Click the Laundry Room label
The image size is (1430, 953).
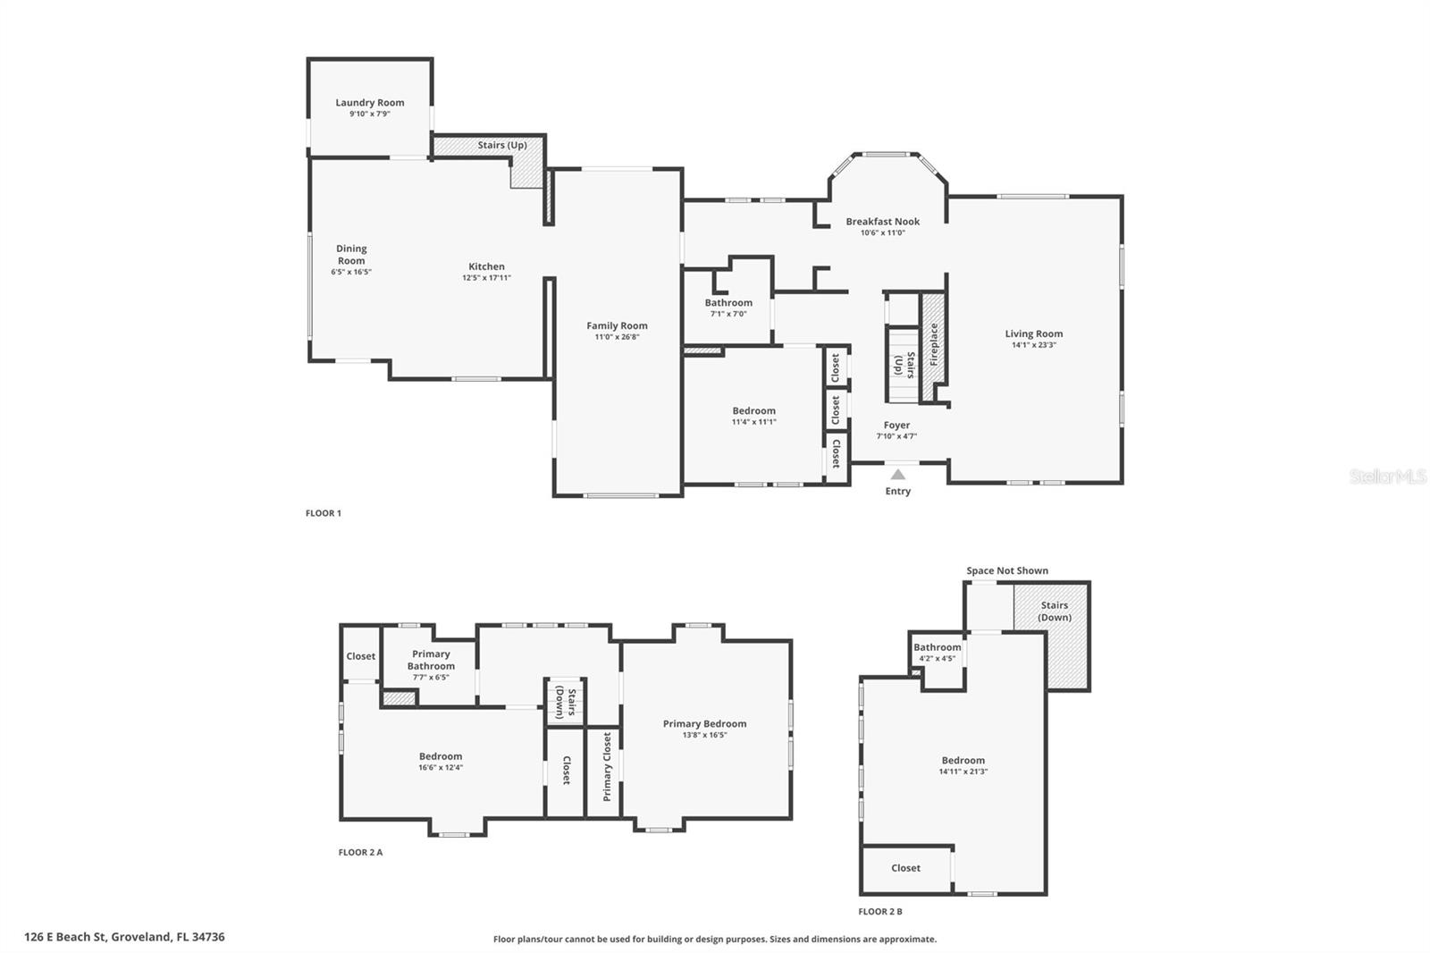369,103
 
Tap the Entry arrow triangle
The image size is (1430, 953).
897,475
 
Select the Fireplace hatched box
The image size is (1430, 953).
933,344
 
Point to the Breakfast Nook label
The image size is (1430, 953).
882,222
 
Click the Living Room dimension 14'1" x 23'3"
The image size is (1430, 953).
1033,345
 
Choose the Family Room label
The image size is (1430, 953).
617,326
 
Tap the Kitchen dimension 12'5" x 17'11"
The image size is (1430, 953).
486,278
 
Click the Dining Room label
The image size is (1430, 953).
351,255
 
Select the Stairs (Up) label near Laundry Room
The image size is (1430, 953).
501,145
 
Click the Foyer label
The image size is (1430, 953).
896,426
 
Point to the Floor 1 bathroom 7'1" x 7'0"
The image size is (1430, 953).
728,314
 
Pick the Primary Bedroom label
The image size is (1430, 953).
704,724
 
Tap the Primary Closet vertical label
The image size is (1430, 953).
607,766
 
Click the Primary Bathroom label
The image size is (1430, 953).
431,660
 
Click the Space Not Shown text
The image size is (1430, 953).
1006,570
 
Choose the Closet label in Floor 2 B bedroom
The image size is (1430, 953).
905,868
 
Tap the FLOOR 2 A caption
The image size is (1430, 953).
360,852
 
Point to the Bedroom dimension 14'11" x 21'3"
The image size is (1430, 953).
963,772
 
